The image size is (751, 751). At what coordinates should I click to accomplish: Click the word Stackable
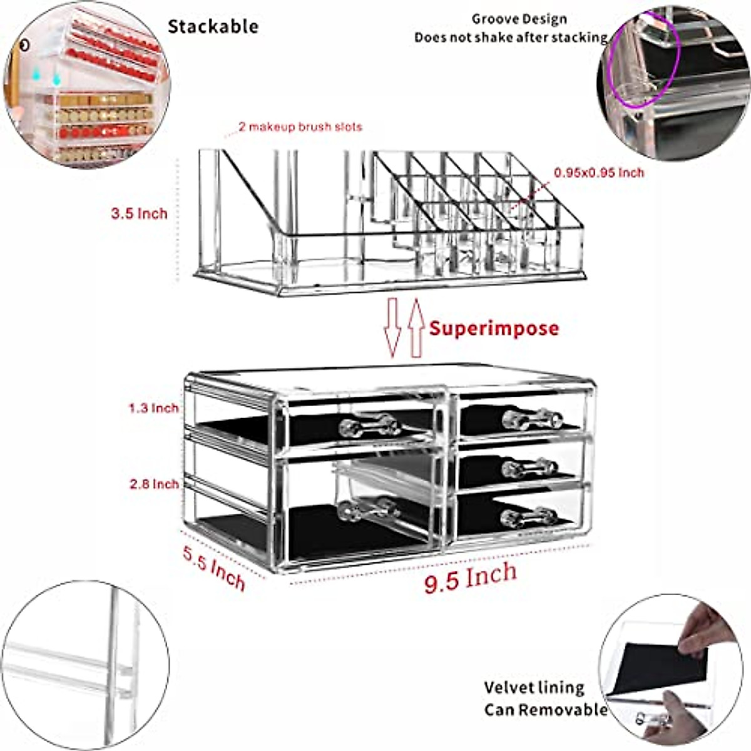click(x=213, y=26)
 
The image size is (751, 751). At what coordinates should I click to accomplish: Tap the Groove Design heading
click(x=519, y=19)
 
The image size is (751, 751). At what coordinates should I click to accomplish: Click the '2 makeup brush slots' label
click(x=300, y=127)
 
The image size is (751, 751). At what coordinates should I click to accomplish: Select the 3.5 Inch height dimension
click(x=140, y=213)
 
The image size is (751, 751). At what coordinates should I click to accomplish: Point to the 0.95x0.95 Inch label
click(x=598, y=172)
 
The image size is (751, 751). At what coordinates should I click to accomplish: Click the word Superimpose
click(x=494, y=328)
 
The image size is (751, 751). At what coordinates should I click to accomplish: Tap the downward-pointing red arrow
click(x=393, y=325)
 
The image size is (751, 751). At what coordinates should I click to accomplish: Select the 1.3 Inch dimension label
click(x=154, y=408)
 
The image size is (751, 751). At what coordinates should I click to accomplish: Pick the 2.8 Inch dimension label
click(x=154, y=484)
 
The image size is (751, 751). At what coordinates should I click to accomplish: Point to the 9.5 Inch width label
click(x=471, y=577)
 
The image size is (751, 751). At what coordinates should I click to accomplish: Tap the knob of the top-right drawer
click(x=532, y=417)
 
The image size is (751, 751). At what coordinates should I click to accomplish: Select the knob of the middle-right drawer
click(x=529, y=467)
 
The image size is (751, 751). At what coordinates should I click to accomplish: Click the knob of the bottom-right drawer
click(x=529, y=516)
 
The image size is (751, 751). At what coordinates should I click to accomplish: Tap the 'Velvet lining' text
click(x=534, y=688)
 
